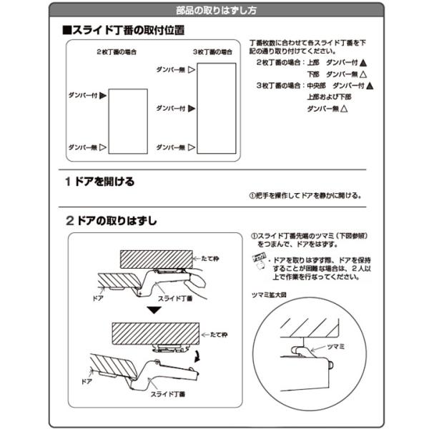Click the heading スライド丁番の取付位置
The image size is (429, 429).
pos(124,31)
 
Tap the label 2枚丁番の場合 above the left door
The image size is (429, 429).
pos(117,53)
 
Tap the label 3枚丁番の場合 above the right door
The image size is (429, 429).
pos(213,53)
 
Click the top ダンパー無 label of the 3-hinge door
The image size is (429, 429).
pos(170,69)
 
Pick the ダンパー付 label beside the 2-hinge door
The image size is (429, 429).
pos(82,94)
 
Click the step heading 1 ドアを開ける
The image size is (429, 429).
pos(99,182)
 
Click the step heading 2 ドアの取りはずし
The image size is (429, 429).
pos(111,220)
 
